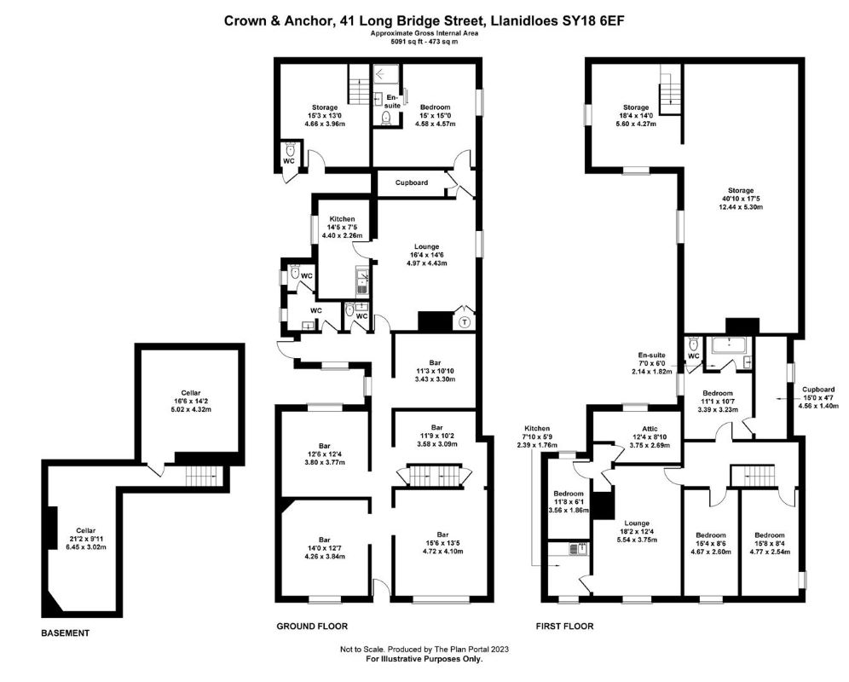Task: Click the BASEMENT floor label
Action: tap(65, 633)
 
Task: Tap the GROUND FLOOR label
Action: tap(312, 627)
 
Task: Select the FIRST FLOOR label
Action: tap(565, 627)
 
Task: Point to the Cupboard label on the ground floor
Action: tap(412, 182)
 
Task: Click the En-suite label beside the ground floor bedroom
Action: tap(393, 101)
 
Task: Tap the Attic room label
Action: tap(650, 429)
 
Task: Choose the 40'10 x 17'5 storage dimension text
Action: tap(741, 199)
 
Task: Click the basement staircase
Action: tap(204, 477)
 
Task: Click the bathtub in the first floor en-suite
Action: tap(729, 344)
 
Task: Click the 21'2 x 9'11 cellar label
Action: tap(85, 539)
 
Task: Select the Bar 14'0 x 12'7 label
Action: tap(324, 547)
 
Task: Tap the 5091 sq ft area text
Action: tap(405, 41)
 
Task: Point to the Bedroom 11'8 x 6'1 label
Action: tap(569, 501)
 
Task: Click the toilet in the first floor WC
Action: tap(693, 344)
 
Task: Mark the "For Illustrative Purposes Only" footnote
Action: tap(424, 659)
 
